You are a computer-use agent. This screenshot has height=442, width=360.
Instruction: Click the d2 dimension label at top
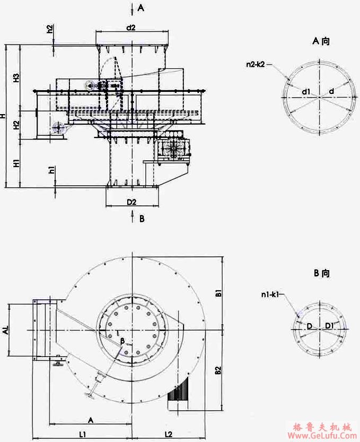[131, 27]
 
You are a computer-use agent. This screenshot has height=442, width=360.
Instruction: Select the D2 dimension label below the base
[131, 202]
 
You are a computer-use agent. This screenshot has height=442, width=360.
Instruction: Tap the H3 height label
[16, 79]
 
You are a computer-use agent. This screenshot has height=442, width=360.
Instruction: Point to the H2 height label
[16, 125]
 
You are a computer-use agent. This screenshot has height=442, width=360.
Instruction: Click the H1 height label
[16, 163]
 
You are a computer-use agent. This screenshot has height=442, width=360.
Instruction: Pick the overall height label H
[4, 115]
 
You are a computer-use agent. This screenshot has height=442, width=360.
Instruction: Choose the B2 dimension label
[218, 371]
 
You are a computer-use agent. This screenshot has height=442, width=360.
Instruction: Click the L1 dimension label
[83, 435]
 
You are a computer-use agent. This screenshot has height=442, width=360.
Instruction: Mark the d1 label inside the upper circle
[306, 92]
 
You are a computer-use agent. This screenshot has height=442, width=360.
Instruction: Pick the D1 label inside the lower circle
[329, 325]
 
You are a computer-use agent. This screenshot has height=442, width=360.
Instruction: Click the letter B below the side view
[142, 218]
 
